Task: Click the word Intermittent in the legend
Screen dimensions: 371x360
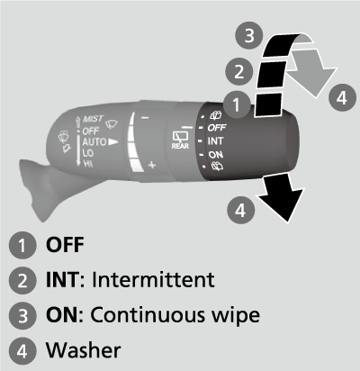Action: (x=152, y=279)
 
